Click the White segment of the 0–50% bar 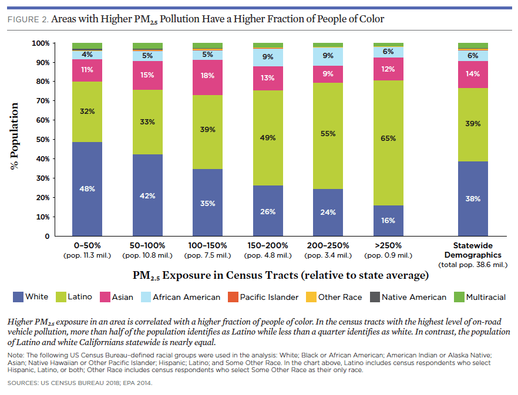87,189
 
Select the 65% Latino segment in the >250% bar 388,139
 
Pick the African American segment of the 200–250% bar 328,56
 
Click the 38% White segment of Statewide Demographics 473,198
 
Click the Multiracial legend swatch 457,297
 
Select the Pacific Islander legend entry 261,297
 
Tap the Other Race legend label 340,297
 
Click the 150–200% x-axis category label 268,245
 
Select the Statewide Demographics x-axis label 473,250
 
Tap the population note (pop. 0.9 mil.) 388,255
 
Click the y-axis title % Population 15,136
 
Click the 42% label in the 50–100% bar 147,196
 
